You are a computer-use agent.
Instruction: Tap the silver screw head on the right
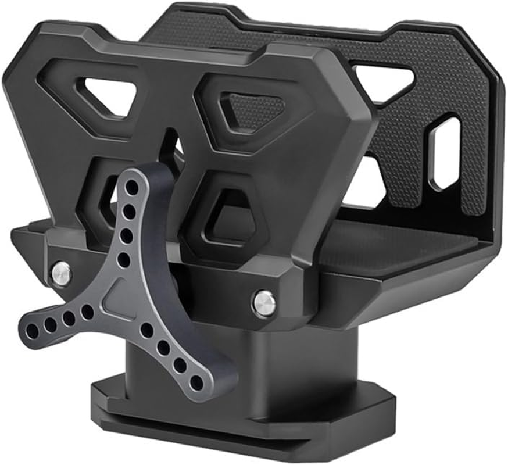pyautogui.click(x=263, y=303)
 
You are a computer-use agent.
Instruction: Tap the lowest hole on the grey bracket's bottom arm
pyautogui.click(x=196, y=383)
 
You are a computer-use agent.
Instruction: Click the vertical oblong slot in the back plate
pyautogui.click(x=445, y=153)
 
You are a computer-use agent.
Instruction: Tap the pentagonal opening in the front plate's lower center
pyautogui.click(x=230, y=219)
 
